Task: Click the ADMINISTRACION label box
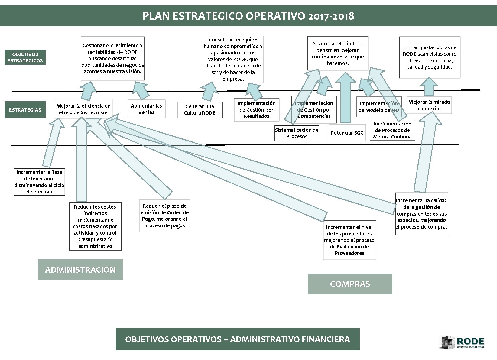coord(80,269)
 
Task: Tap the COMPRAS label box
coord(350,284)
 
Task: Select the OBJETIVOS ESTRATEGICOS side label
coord(25,57)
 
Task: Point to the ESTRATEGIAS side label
coord(25,110)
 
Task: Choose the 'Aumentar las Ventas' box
coord(146,109)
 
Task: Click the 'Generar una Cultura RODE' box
coord(200,110)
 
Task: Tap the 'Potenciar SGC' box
coord(347,133)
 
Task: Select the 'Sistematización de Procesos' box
coord(297,133)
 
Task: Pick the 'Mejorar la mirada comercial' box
coord(429,105)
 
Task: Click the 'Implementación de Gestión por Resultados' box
coord(256,110)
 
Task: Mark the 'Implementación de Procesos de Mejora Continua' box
coord(392,130)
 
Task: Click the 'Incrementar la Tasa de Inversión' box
coord(39,182)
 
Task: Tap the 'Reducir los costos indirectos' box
coord(95,226)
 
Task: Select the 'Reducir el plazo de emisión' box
coord(164,216)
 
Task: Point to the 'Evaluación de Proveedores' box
coord(349,240)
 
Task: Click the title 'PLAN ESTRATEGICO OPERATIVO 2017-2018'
coord(248,16)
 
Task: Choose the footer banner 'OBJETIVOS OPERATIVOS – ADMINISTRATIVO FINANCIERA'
coord(238,339)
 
